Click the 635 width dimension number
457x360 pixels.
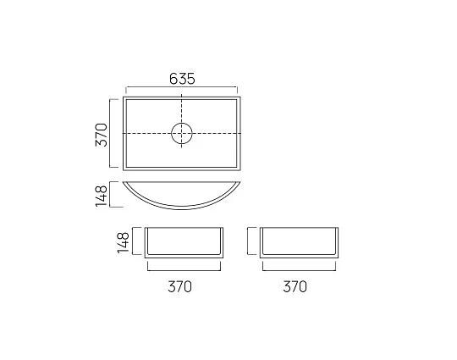[x=182, y=78]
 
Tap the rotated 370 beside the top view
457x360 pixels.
[x=101, y=134]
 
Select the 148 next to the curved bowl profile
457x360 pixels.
[x=101, y=195]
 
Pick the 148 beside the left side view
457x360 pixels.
[x=124, y=241]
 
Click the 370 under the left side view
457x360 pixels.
[x=179, y=286]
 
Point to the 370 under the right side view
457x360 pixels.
[x=294, y=286]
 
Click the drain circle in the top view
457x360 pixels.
[x=182, y=133]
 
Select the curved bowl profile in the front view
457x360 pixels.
[x=182, y=200]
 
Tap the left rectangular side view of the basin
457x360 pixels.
[x=183, y=242]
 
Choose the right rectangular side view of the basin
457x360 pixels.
[x=299, y=242]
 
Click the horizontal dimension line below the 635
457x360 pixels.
[x=182, y=87]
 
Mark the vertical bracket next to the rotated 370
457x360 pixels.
[x=111, y=134]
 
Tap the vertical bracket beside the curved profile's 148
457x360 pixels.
[x=111, y=195]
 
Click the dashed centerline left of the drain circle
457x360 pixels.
[x=148, y=133]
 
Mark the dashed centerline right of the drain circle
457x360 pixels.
[x=217, y=133]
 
